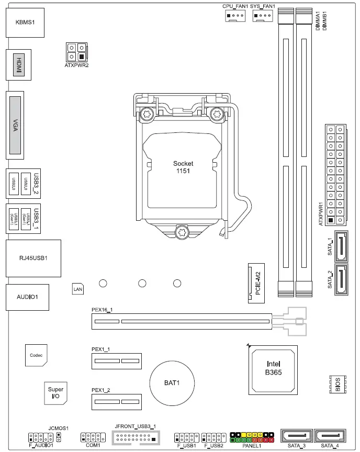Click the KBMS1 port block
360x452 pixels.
[x=24, y=24]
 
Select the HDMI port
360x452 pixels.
[x=19, y=67]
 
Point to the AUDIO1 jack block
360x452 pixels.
[x=27, y=297]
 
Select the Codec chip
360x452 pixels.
[x=36, y=355]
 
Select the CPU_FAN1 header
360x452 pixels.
[x=234, y=17]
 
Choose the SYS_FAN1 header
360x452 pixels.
[x=263, y=17]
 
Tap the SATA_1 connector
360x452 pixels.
[x=341, y=246]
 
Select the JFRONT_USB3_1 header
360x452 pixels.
[x=136, y=437]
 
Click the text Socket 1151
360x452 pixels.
[x=183, y=167]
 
